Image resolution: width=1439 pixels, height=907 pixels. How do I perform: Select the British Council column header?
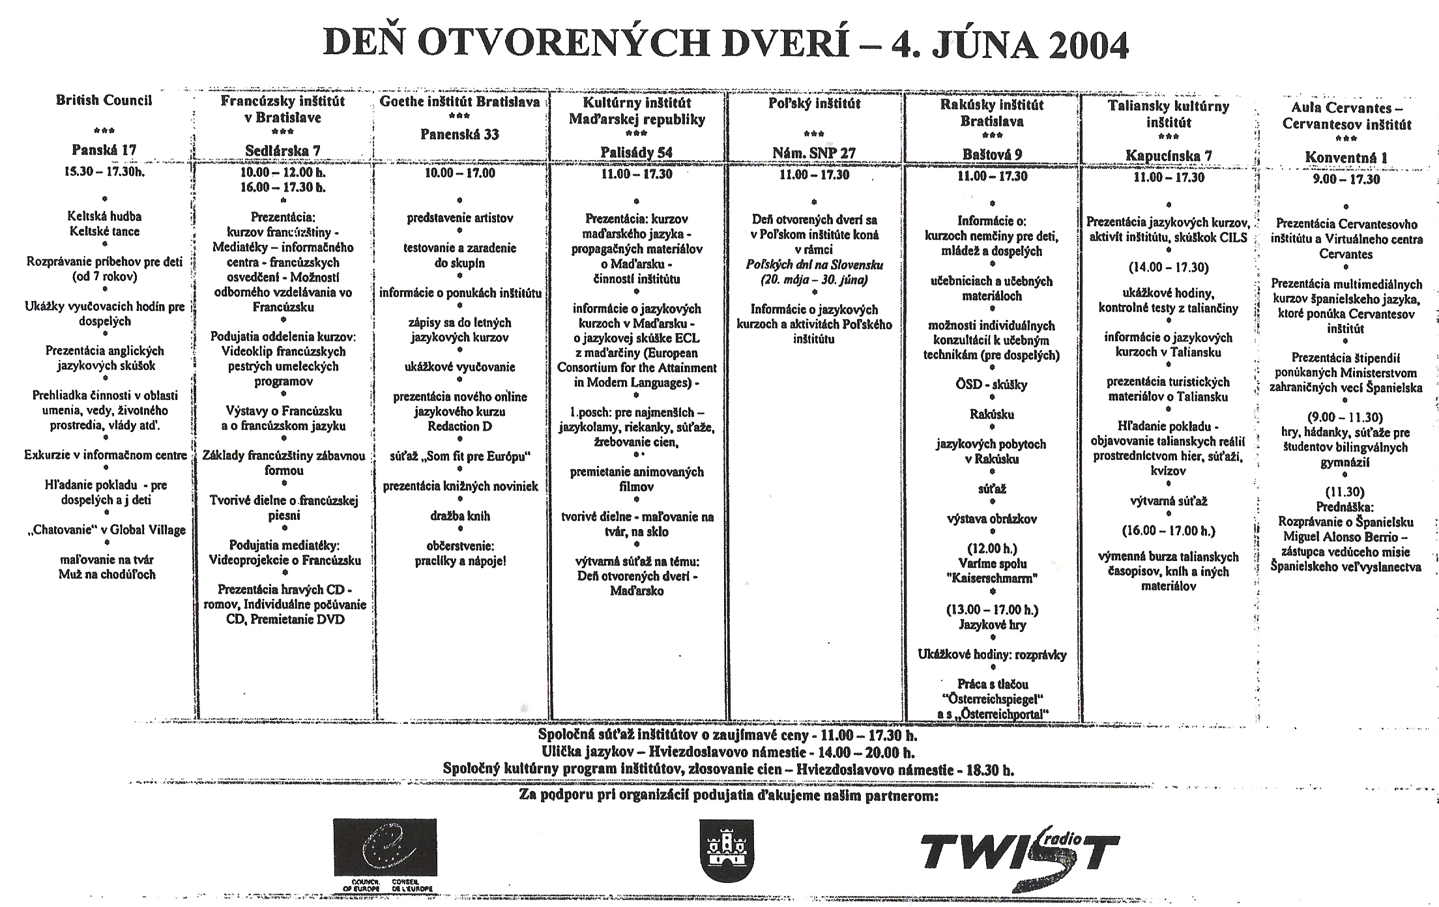point(104,100)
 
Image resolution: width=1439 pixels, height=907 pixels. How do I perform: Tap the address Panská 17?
point(104,151)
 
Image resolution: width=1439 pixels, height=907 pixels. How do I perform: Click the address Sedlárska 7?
point(282,151)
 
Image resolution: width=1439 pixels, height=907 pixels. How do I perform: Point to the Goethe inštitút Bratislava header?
point(459,102)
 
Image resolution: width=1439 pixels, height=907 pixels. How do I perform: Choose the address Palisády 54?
point(636,152)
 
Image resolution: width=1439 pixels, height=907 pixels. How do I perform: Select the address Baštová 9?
point(992,154)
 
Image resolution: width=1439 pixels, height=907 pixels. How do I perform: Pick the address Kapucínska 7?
point(1169,156)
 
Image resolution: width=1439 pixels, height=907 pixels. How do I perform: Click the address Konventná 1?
point(1346,157)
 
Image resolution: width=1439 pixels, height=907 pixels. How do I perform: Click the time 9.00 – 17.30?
point(1346,179)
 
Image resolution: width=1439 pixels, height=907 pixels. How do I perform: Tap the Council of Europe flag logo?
point(385,847)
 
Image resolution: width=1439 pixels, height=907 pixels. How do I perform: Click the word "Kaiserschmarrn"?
point(992,578)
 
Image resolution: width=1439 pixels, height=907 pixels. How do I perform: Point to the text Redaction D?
point(459,426)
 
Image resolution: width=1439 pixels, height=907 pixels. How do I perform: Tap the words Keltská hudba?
point(104,216)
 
